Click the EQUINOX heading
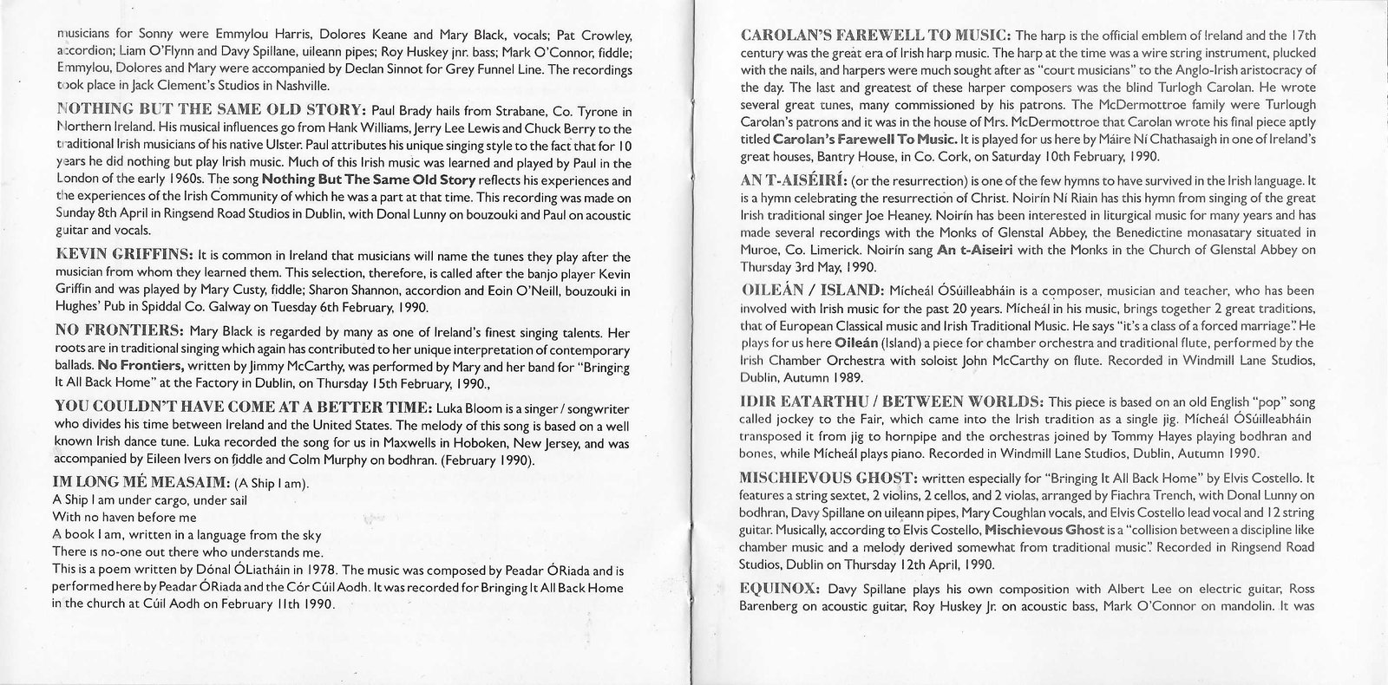point(780,588)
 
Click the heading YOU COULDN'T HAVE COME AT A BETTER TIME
point(243,408)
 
